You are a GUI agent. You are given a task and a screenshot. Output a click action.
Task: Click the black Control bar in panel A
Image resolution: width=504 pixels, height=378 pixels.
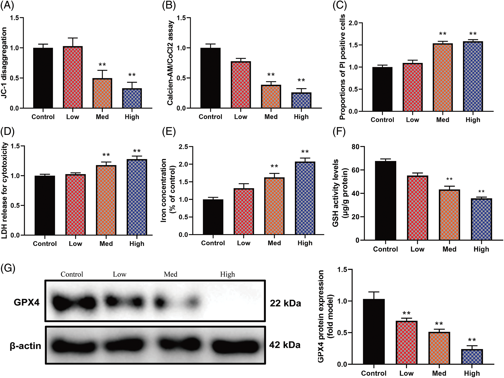(43, 78)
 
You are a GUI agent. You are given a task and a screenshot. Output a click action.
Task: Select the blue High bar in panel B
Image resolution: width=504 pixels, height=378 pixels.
(301, 100)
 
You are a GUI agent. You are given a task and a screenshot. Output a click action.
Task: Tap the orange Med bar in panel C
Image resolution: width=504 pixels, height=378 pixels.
(443, 77)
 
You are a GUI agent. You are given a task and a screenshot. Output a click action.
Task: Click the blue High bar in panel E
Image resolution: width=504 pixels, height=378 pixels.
(305, 198)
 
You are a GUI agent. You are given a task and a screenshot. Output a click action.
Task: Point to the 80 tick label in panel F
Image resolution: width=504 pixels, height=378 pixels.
(355, 147)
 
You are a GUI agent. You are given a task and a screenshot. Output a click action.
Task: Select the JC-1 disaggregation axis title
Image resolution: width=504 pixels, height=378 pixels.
(4, 63)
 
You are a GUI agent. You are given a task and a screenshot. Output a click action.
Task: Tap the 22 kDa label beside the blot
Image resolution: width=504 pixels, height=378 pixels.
(285, 303)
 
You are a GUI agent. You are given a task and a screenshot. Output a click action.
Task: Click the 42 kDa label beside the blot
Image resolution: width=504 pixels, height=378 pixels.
(285, 345)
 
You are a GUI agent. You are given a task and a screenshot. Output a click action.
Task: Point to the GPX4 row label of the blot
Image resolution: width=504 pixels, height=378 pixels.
(27, 302)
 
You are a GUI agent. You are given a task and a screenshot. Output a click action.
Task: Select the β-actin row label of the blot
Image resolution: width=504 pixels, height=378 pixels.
(25, 346)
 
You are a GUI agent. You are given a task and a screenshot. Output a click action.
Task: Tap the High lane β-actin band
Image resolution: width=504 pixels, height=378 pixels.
(235, 345)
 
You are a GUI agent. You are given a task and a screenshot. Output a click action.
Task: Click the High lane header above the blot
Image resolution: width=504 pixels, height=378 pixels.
(227, 274)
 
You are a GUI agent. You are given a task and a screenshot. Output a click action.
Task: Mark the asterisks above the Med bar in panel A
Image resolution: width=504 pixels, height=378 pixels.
(102, 65)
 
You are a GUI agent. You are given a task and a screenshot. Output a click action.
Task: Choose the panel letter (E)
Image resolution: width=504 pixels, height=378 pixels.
(169, 132)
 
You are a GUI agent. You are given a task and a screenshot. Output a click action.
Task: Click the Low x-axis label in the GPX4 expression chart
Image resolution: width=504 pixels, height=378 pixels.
(406, 373)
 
